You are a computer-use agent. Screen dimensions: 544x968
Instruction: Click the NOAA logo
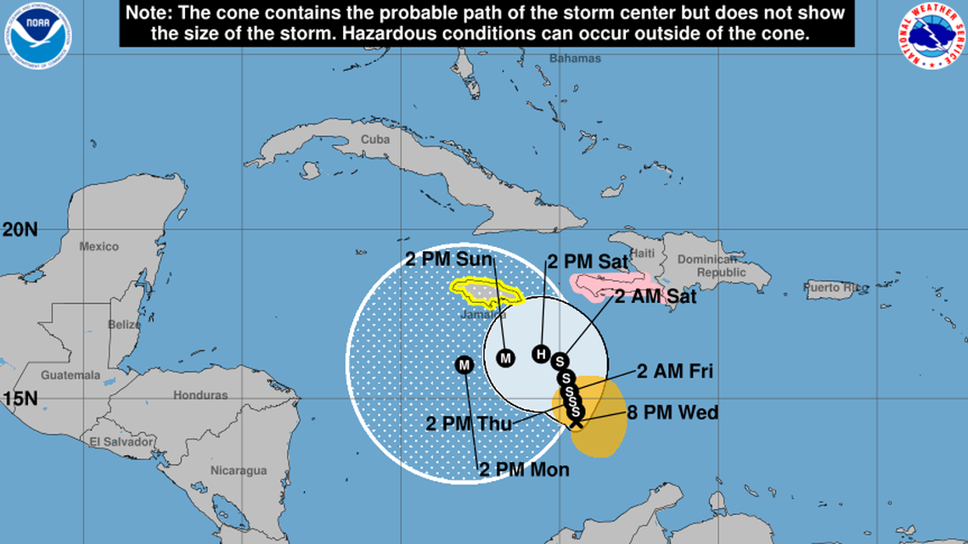pyautogui.click(x=39, y=34)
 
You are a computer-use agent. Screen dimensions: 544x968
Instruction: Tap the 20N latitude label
pyautogui.click(x=19, y=229)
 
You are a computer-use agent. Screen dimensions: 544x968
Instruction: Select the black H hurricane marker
pyautogui.click(x=541, y=354)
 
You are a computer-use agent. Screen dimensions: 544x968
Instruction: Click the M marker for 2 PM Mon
pyautogui.click(x=464, y=365)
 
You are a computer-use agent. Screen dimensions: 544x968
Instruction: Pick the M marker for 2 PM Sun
pyautogui.click(x=506, y=358)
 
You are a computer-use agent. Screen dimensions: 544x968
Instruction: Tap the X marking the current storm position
pyautogui.click(x=576, y=420)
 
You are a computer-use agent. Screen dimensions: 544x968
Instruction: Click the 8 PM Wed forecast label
pyautogui.click(x=673, y=413)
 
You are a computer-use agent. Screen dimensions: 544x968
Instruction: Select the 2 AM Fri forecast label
pyautogui.click(x=675, y=371)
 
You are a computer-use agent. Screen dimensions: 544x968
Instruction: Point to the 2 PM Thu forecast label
pyautogui.click(x=470, y=423)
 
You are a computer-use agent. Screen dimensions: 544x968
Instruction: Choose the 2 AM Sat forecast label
pyautogui.click(x=656, y=296)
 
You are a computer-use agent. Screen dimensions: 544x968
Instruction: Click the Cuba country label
pyautogui.click(x=374, y=139)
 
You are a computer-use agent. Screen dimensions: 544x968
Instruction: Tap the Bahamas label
pyautogui.click(x=575, y=59)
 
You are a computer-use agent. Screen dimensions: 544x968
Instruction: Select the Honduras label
pyautogui.click(x=200, y=395)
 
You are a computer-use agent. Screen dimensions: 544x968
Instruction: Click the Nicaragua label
pyautogui.click(x=239, y=470)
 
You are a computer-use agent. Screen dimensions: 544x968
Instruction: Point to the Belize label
pyautogui.click(x=124, y=325)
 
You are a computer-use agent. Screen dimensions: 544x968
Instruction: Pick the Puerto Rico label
pyautogui.click(x=836, y=288)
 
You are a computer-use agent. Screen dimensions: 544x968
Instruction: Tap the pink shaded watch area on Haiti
pyautogui.click(x=607, y=285)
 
